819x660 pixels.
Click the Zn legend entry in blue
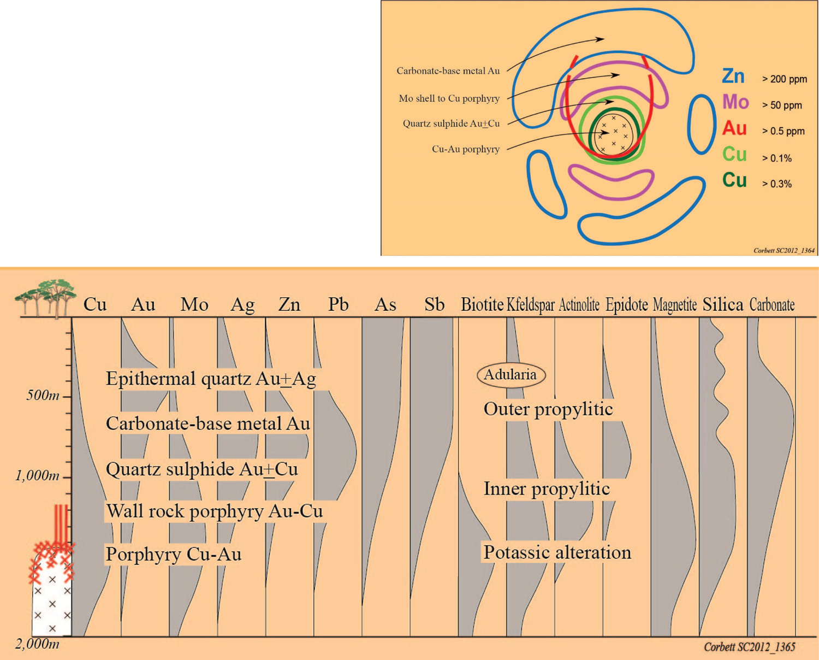[733, 76]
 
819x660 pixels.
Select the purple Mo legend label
[735, 102]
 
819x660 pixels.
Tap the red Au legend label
[734, 128]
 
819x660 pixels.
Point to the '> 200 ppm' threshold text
[785, 79]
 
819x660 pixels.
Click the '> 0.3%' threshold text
[777, 184]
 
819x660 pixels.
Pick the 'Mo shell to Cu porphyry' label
[449, 98]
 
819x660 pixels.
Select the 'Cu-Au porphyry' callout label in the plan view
[465, 149]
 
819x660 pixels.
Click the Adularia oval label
[511, 375]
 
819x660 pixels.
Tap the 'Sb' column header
[434, 304]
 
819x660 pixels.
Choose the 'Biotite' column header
[482, 304]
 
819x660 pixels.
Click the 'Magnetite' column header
[674, 304]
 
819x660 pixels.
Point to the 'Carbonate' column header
[771, 304]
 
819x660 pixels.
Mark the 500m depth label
[43, 395]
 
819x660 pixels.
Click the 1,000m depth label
[37, 475]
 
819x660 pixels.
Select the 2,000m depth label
[37, 644]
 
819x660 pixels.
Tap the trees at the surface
[46, 297]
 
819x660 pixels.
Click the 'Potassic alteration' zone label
[557, 552]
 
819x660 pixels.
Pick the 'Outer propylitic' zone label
[548, 409]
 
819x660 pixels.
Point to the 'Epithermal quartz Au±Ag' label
[211, 379]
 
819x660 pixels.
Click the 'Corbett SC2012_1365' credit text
[749, 647]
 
